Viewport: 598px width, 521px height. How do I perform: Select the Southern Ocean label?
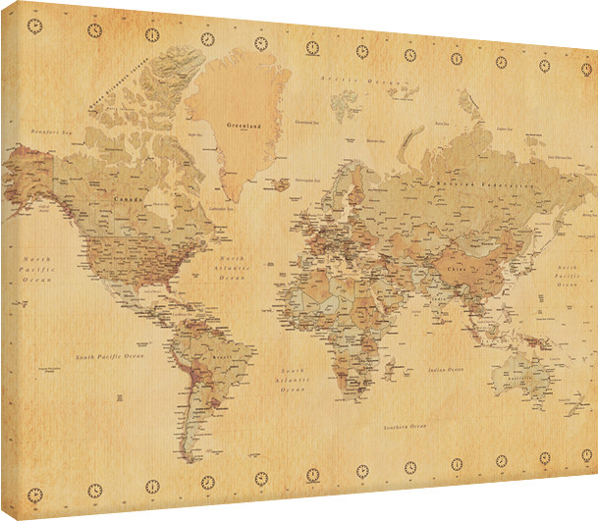406,428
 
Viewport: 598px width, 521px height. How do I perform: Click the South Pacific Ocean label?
111,355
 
